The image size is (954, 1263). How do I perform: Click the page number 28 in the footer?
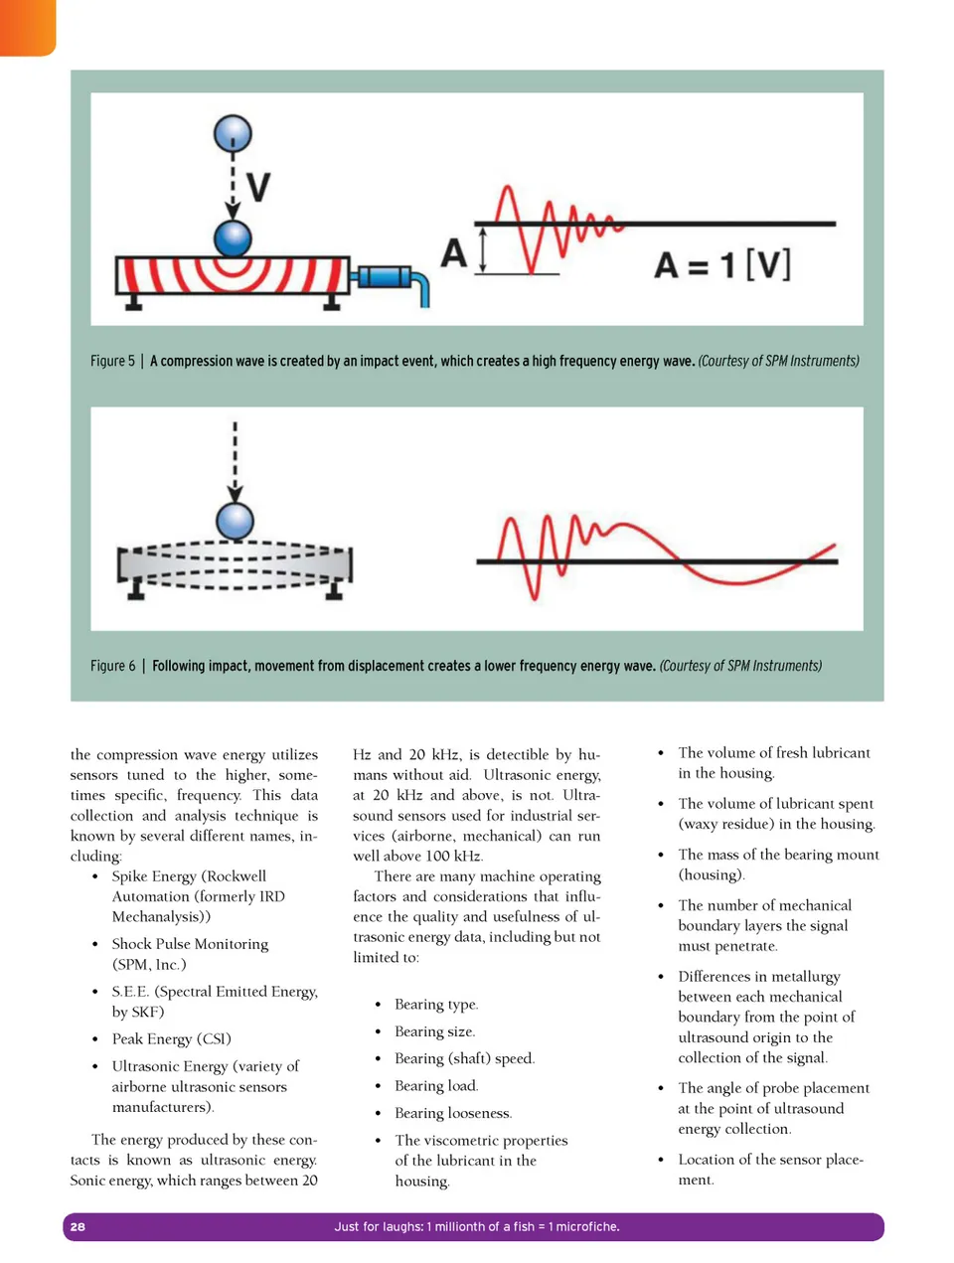click(78, 1226)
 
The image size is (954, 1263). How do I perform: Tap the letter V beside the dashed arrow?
click(257, 186)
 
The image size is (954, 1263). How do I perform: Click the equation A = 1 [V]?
click(722, 265)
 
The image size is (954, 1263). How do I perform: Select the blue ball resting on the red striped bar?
click(233, 239)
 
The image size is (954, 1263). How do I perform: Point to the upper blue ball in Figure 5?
click(233, 133)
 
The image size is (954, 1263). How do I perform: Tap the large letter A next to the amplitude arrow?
click(453, 252)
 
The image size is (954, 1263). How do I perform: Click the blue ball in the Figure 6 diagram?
click(236, 521)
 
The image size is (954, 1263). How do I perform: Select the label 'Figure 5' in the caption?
click(112, 361)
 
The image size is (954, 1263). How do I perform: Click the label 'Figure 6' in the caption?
click(112, 666)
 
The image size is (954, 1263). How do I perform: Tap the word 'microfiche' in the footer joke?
click(586, 1226)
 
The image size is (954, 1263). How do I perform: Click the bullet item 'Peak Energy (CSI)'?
click(171, 1038)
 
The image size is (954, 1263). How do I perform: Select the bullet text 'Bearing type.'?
click(436, 1004)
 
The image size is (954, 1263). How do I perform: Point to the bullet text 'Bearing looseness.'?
click(453, 1113)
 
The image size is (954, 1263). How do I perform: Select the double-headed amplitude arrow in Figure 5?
click(483, 248)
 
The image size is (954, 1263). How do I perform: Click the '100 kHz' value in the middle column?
click(452, 856)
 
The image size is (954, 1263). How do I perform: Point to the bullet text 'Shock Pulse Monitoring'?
click(190, 943)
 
